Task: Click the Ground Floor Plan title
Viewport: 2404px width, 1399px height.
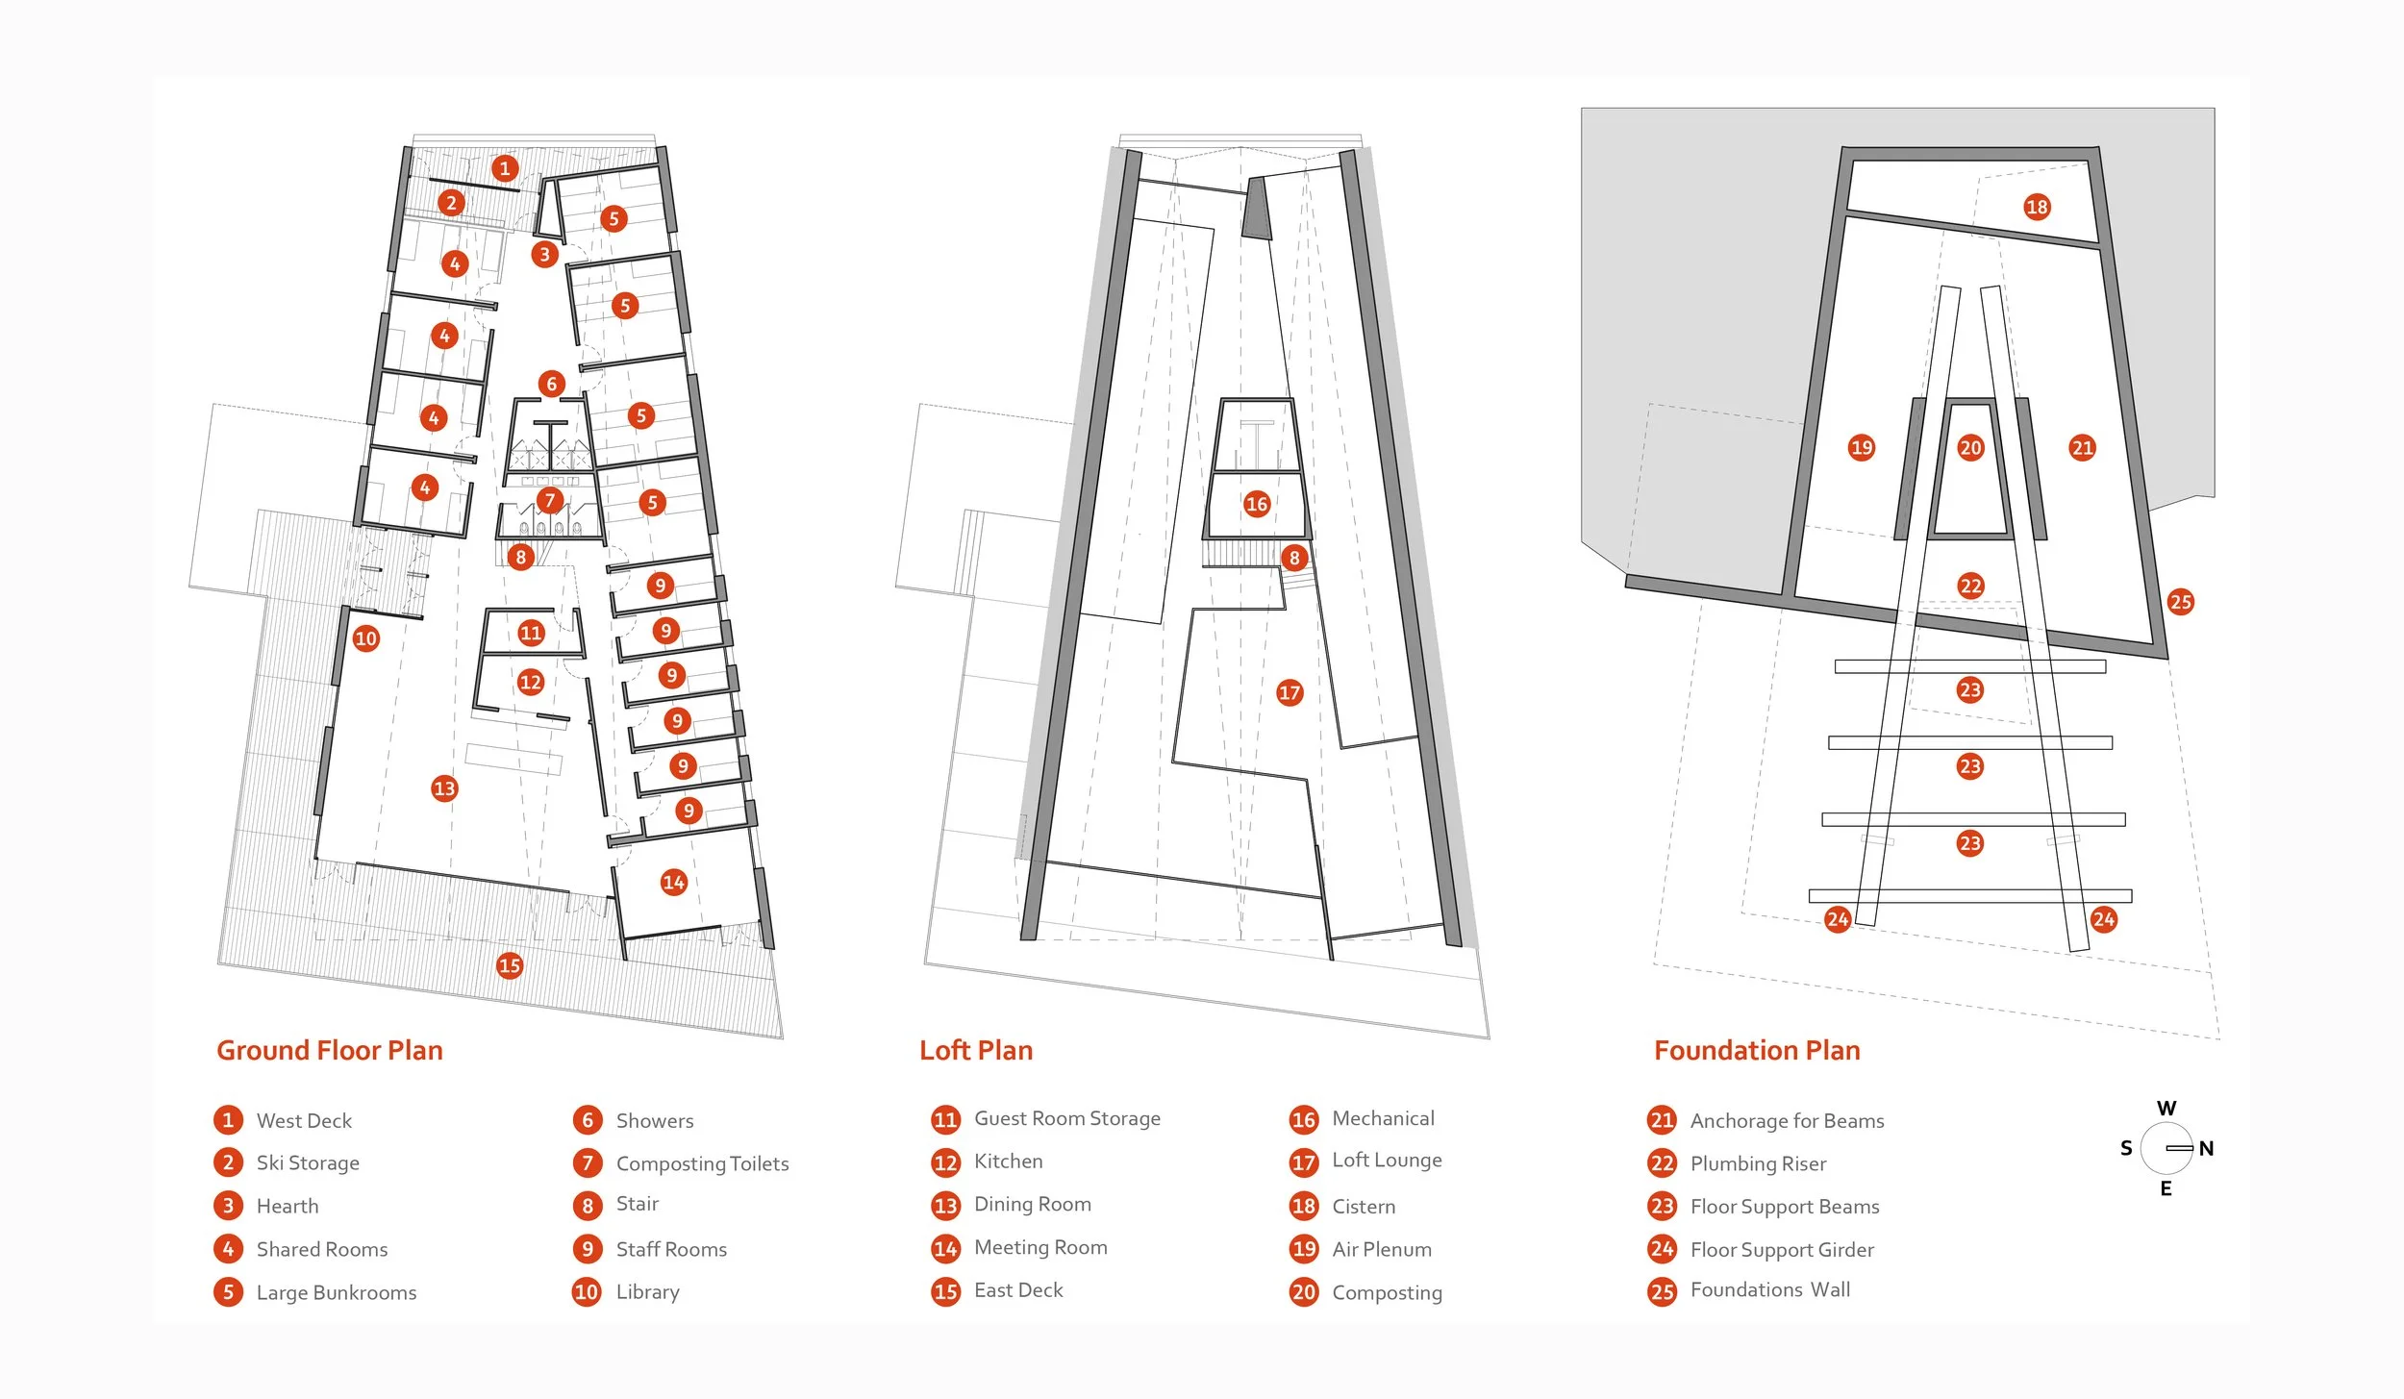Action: (329, 1050)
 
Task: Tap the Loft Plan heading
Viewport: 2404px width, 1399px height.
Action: (975, 1050)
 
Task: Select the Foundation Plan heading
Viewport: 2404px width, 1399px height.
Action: (1756, 1050)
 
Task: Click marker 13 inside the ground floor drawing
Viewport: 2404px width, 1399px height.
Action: (444, 788)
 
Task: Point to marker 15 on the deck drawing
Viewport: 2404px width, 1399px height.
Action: (510, 965)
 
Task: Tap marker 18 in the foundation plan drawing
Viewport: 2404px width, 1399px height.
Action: (2037, 207)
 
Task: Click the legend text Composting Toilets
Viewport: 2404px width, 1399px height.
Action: (702, 1163)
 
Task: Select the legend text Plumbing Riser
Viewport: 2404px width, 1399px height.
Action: (1758, 1163)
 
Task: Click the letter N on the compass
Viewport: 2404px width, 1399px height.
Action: (2207, 1148)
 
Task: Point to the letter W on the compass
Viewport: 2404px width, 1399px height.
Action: (2166, 1108)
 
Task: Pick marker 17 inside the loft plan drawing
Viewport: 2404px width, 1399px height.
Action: (1290, 692)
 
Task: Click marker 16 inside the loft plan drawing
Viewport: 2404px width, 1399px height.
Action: (1257, 504)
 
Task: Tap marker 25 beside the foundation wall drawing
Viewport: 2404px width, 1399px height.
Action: (2181, 602)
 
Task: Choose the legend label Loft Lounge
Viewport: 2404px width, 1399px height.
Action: (1387, 1161)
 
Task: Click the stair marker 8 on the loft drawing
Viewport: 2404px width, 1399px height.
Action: (1294, 558)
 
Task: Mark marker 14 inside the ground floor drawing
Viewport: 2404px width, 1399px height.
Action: (673, 882)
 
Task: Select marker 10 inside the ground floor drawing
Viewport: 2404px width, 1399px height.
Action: (365, 638)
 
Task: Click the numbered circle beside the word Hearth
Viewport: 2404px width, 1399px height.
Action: (228, 1206)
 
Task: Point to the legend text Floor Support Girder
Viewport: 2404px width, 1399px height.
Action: (1782, 1250)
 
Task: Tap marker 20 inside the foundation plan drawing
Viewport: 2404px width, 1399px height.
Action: (1970, 447)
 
